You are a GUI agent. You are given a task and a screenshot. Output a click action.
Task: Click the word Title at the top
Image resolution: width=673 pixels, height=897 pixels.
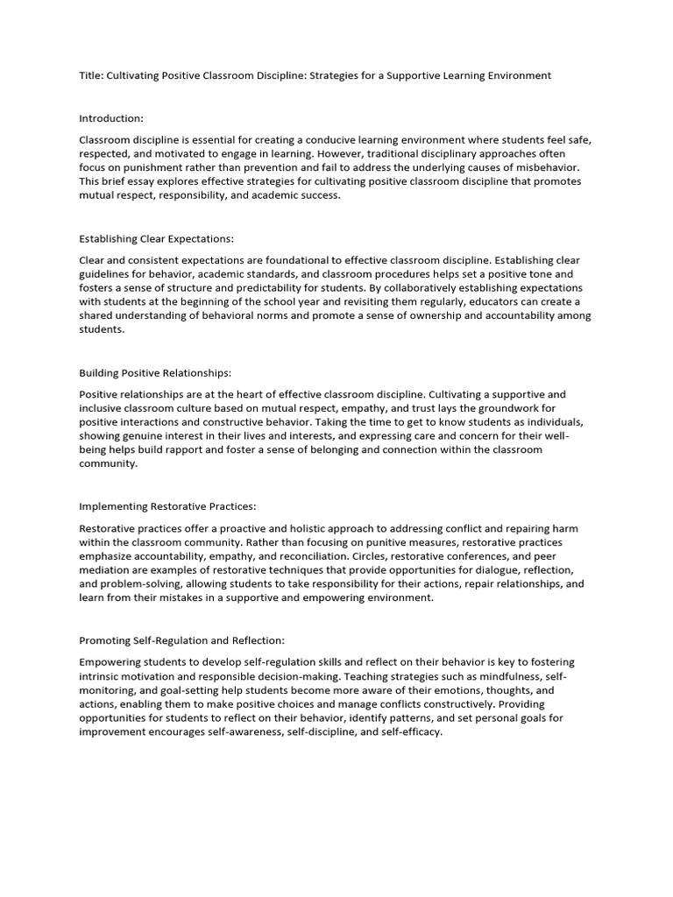90,75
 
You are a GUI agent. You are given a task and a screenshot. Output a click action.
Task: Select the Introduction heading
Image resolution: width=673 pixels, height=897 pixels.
111,117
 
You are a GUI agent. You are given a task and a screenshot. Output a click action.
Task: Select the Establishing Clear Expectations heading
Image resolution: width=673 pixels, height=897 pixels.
157,238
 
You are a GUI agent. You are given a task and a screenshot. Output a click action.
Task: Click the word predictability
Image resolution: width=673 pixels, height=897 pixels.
263,288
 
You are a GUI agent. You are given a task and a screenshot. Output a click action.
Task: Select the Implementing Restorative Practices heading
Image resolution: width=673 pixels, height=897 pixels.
167,506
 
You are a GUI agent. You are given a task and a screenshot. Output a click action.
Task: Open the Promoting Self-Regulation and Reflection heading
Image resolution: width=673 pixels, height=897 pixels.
181,640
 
